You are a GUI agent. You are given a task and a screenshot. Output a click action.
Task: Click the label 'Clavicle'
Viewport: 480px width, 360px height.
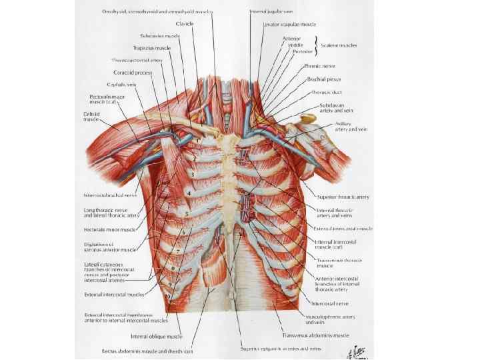pos(185,24)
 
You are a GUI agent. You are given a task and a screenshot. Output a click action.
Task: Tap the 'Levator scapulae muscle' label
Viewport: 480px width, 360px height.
pos(288,24)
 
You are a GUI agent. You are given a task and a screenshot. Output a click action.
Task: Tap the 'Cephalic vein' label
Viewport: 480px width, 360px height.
pos(122,85)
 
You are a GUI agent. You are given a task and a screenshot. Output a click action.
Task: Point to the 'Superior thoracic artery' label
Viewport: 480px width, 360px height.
pos(344,197)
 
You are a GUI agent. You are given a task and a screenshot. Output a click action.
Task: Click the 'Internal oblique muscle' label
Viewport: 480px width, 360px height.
pos(157,337)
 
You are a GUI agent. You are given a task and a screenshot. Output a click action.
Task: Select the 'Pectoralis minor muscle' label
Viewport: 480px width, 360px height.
pos(109,229)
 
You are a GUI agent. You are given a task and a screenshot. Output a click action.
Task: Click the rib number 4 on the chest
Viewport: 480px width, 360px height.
pos(189,193)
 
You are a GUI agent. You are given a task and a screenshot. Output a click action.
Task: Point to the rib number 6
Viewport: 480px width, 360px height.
pos(183,232)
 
